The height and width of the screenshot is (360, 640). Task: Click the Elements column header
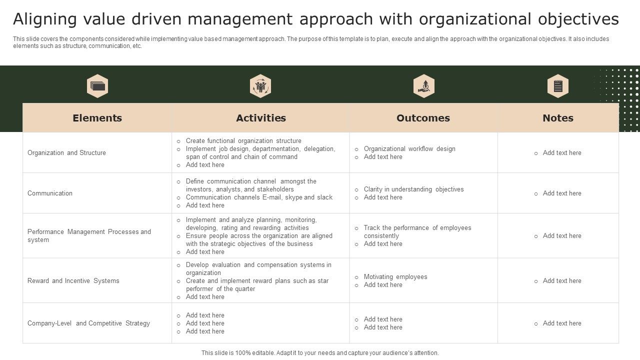[x=97, y=118]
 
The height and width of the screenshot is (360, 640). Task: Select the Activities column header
[x=261, y=118]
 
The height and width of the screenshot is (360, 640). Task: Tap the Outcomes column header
[x=423, y=118]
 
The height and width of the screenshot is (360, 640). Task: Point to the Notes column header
[x=558, y=118]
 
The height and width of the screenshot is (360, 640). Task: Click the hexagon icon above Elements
[x=97, y=86]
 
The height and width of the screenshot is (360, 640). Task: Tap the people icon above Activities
[x=260, y=86]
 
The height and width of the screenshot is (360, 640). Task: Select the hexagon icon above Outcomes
[x=424, y=86]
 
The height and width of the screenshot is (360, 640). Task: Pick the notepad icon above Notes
[x=558, y=86]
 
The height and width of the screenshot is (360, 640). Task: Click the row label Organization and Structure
[x=66, y=153]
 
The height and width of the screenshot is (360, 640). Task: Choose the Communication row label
[x=50, y=193]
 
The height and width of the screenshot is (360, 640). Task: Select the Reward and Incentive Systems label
[x=73, y=281]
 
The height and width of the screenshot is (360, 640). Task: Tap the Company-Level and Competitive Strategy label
[x=88, y=323]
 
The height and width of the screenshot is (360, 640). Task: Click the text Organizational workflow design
[x=409, y=149]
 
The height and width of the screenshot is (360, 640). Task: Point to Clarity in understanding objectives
[x=413, y=189]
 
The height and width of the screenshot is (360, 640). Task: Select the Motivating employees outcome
[x=395, y=277]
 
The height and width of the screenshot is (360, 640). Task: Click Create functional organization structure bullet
[x=243, y=141]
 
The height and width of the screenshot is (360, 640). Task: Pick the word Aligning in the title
[x=45, y=19]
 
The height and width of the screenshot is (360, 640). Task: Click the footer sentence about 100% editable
[x=320, y=353]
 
